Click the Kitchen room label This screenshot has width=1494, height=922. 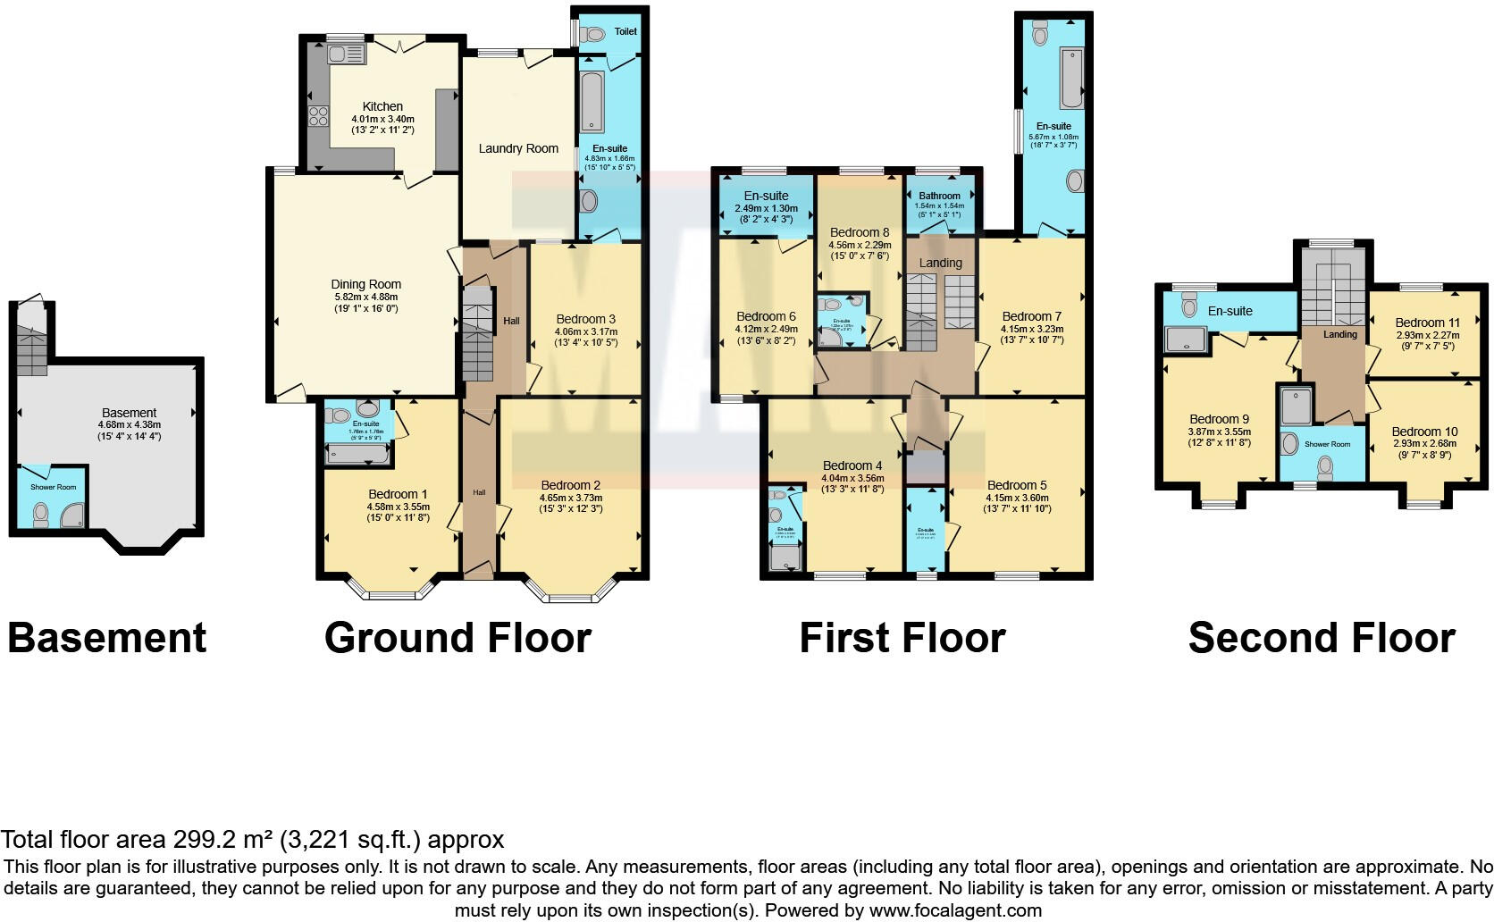(x=382, y=106)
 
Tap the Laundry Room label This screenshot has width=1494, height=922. (x=518, y=148)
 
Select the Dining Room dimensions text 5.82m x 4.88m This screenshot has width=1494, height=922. (x=365, y=297)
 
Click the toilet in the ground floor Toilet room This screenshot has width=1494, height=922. (x=592, y=35)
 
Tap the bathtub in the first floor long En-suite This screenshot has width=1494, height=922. (x=1070, y=78)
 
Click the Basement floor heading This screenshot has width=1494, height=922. (x=107, y=638)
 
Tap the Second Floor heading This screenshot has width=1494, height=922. (x=1322, y=638)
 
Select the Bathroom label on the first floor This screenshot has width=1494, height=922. (x=939, y=196)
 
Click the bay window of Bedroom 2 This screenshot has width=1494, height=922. (x=571, y=593)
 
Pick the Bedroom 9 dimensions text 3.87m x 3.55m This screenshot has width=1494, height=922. (x=1220, y=431)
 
